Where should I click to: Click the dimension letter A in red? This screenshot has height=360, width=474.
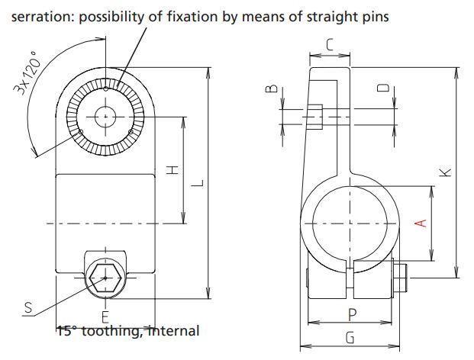pos(418,222)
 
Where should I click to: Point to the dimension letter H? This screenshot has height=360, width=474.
pos(173,169)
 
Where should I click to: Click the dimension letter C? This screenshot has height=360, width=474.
pos(329,45)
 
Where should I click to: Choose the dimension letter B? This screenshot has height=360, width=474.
pos(270,90)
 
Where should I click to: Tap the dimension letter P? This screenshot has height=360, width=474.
pos(351,313)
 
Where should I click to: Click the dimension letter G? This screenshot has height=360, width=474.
pos(350,337)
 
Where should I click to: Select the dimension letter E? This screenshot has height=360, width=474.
pos(105,315)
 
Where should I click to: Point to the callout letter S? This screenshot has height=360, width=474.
pos(28,308)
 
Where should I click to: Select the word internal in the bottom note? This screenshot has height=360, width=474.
pos(173,331)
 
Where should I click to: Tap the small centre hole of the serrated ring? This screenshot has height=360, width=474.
pos(105,116)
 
